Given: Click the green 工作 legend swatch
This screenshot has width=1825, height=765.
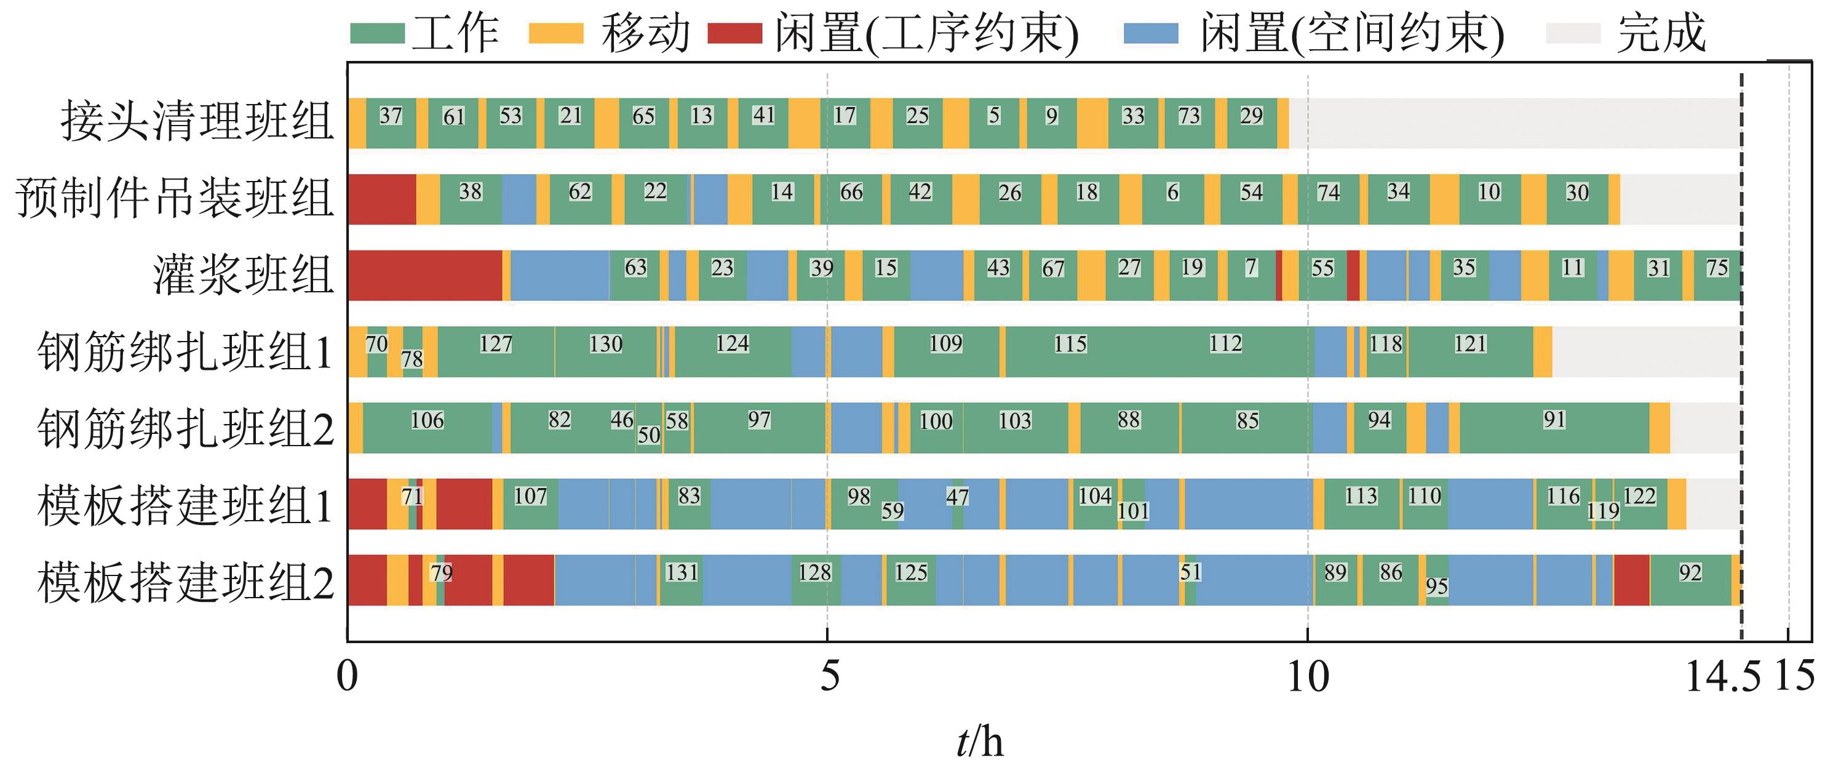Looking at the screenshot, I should click(377, 33).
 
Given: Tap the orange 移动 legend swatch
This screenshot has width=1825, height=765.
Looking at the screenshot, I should click(556, 33).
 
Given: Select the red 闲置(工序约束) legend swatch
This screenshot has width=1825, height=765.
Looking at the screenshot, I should click(734, 33).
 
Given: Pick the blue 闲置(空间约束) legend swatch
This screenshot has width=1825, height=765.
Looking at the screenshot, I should click(1151, 33).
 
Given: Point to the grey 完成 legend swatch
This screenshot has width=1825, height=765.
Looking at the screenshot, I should click(1573, 33).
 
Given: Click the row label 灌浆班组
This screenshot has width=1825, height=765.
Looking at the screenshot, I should click(243, 275).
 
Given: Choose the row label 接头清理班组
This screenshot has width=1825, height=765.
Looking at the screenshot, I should click(197, 121).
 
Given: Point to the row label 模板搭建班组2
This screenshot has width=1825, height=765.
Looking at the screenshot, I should click(186, 582).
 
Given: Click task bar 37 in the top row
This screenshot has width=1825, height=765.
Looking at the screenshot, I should click(391, 123).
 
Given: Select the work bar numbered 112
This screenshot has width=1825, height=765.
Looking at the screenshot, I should click(1226, 351).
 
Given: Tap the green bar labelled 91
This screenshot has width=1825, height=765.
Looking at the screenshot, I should click(1554, 428).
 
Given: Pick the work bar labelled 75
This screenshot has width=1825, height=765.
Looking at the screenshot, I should click(1717, 276).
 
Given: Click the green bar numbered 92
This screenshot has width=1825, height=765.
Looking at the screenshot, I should click(1690, 580).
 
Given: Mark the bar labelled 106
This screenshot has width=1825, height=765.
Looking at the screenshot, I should click(427, 428).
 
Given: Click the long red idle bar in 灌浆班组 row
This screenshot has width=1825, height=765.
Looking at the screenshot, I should click(424, 276).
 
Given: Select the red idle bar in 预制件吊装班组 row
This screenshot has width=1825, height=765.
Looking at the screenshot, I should click(381, 199).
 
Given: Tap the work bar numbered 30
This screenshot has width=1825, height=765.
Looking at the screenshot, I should click(1577, 199).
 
